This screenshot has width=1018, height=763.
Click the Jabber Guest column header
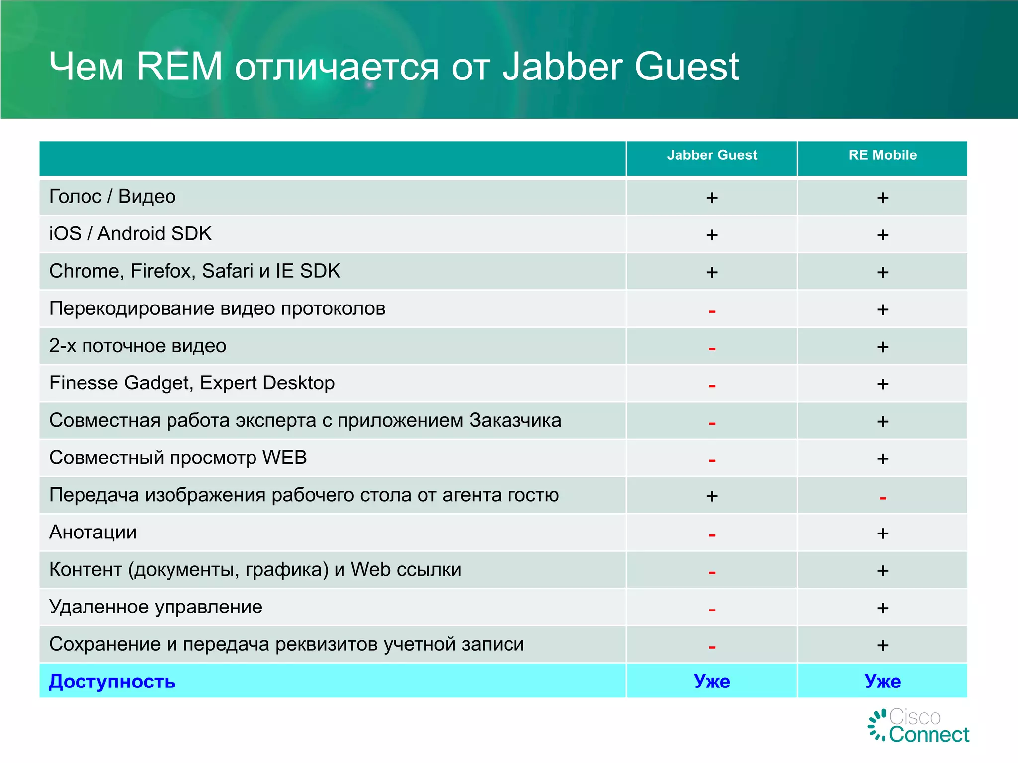(711, 155)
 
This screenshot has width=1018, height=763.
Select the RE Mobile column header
(882, 155)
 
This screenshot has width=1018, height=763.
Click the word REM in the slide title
(179, 67)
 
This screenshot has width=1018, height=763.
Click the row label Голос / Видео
(112, 197)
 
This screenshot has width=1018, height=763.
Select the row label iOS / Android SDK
(130, 234)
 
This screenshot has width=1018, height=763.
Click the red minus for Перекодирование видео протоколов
(712, 311)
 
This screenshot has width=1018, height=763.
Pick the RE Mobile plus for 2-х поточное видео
(882, 347)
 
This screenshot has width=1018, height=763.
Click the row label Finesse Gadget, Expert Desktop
(192, 383)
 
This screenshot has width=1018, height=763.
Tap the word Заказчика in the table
(515, 420)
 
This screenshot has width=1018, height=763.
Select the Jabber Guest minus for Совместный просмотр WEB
(712, 460)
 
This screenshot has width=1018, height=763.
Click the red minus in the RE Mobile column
(882, 498)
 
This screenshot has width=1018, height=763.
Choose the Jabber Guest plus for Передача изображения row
(712, 496)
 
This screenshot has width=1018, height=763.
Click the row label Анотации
(93, 533)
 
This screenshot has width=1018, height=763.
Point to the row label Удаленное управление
(156, 607)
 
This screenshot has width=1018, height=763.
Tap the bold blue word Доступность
(112, 681)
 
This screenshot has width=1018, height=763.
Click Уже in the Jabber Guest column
(712, 681)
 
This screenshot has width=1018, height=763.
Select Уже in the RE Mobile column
(882, 681)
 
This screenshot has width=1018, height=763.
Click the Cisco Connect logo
(919, 726)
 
